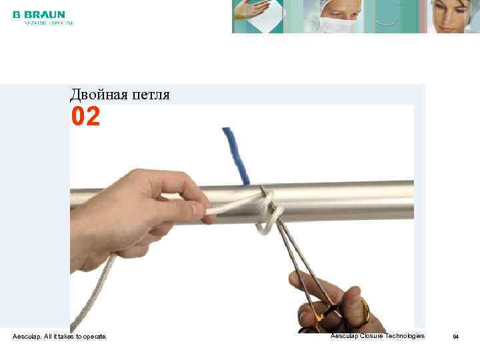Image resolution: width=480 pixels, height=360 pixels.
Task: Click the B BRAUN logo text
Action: (x=39, y=14)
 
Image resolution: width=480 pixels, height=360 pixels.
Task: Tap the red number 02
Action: (x=85, y=117)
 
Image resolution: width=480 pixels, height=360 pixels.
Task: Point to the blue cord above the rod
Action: (x=236, y=153)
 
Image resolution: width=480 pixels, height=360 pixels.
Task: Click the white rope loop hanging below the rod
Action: (x=267, y=224)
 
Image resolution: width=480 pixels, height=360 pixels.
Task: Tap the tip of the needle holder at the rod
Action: (x=264, y=192)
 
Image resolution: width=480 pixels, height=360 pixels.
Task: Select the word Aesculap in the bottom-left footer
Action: (x=26, y=337)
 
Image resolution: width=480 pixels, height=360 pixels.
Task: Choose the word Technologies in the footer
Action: (x=403, y=335)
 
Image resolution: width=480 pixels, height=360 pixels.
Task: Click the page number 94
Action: (x=456, y=337)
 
